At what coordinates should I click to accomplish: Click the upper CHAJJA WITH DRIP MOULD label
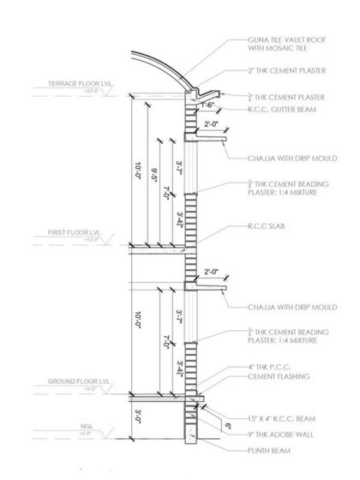279,158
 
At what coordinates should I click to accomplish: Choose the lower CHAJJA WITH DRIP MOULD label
279,306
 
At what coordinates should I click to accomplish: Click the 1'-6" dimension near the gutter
208,105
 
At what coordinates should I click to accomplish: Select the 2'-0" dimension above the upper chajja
213,124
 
